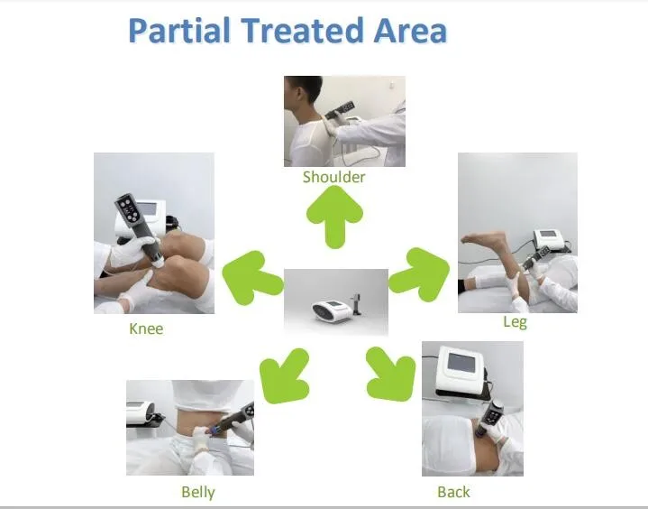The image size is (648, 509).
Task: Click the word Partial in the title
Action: pyautogui.click(x=179, y=30)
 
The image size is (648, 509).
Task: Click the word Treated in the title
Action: pyautogui.click(x=301, y=30)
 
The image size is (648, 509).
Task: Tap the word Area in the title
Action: pyautogui.click(x=410, y=30)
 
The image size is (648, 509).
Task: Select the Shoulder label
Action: pyautogui.click(x=334, y=177)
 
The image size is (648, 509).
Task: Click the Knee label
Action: pyautogui.click(x=146, y=329)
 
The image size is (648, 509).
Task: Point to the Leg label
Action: pyautogui.click(x=515, y=322)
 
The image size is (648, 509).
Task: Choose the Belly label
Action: pyautogui.click(x=198, y=493)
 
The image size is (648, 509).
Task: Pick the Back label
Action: pyautogui.click(x=453, y=492)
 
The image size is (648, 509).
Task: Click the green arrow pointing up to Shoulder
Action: pyautogui.click(x=334, y=217)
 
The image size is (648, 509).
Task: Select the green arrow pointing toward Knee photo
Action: pyautogui.click(x=252, y=277)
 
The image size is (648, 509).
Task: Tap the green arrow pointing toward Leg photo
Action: pyautogui.click(x=419, y=274)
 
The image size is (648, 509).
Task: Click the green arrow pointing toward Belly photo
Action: pyautogui.click(x=285, y=375)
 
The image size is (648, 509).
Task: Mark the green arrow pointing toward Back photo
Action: pyautogui.click(x=391, y=375)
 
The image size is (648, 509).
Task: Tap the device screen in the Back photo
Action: pyautogui.click(x=461, y=363)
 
